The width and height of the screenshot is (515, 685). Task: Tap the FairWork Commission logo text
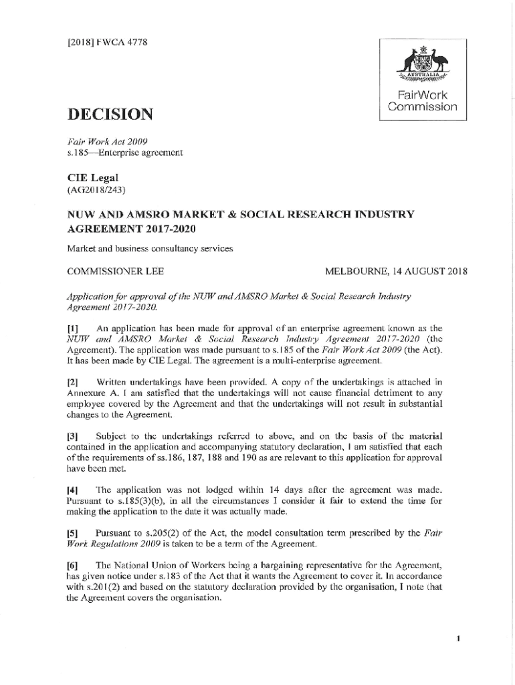click(422, 101)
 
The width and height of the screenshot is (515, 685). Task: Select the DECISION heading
click(110, 115)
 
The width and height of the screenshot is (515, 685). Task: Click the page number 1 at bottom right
click(458, 639)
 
